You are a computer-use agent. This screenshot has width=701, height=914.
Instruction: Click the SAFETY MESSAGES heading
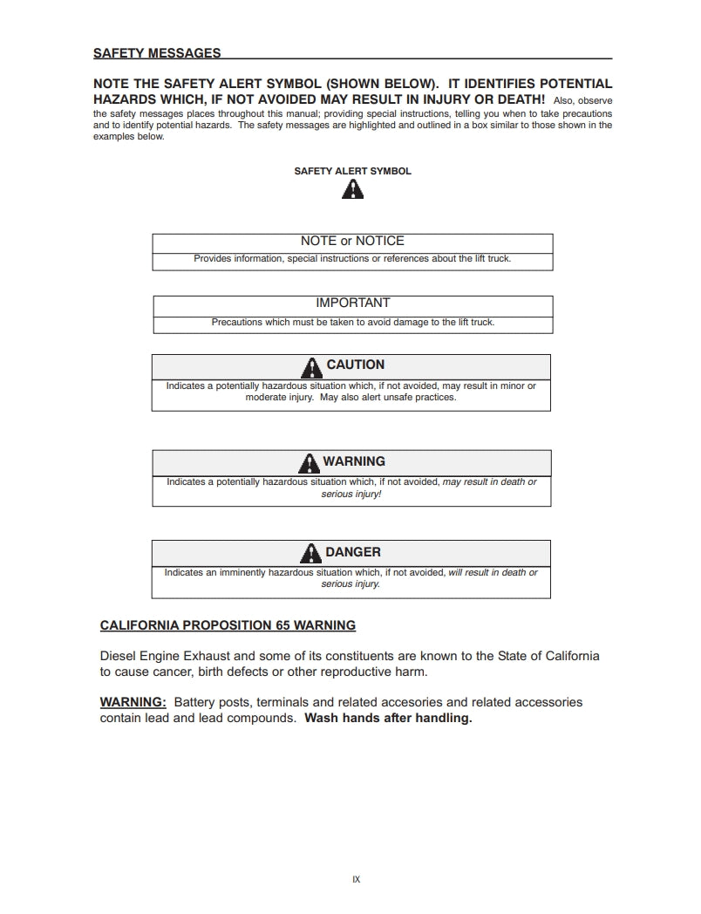(157, 53)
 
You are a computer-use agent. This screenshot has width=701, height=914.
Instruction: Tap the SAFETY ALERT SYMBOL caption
(352, 171)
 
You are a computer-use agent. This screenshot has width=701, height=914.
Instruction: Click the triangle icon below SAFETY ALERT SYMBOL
(352, 189)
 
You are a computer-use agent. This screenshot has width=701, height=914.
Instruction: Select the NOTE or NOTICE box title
(352, 241)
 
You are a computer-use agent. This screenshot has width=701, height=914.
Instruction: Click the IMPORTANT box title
(352, 303)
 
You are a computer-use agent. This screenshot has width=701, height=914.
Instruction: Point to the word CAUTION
(355, 365)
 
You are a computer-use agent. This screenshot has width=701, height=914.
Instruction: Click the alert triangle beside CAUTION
(312, 366)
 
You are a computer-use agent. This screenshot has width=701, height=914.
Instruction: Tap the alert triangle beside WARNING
(309, 462)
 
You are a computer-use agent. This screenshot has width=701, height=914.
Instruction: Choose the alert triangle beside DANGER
(310, 553)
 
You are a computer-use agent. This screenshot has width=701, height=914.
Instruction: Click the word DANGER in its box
(353, 552)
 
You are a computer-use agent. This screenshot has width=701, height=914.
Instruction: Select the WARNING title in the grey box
(354, 461)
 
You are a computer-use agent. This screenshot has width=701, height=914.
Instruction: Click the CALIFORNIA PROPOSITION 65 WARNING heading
(228, 625)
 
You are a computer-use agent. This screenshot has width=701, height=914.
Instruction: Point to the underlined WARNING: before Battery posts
(133, 702)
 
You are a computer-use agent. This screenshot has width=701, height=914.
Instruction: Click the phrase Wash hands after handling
(388, 719)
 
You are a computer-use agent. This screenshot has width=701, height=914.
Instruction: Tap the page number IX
(356, 879)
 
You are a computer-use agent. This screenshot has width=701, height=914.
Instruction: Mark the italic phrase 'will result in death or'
(493, 573)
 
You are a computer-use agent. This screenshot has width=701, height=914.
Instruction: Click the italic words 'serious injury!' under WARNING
(351, 494)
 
